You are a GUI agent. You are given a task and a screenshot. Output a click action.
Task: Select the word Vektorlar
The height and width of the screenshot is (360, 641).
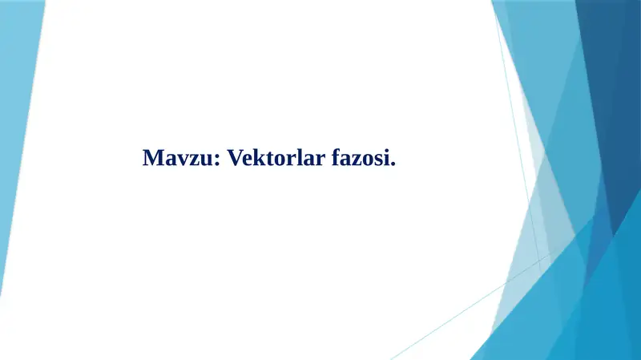click(x=274, y=158)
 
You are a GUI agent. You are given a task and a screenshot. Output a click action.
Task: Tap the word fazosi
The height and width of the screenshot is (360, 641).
click(x=362, y=158)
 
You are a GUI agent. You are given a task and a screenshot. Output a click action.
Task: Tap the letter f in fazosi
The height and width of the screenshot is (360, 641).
click(x=334, y=158)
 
